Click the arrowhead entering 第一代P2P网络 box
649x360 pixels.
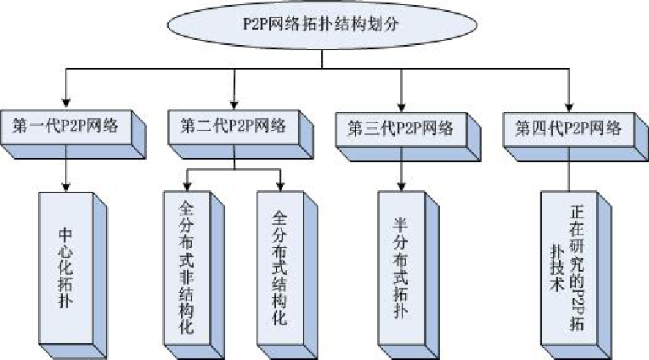coord(65,101)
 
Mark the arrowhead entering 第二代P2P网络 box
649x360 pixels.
coord(234,101)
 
